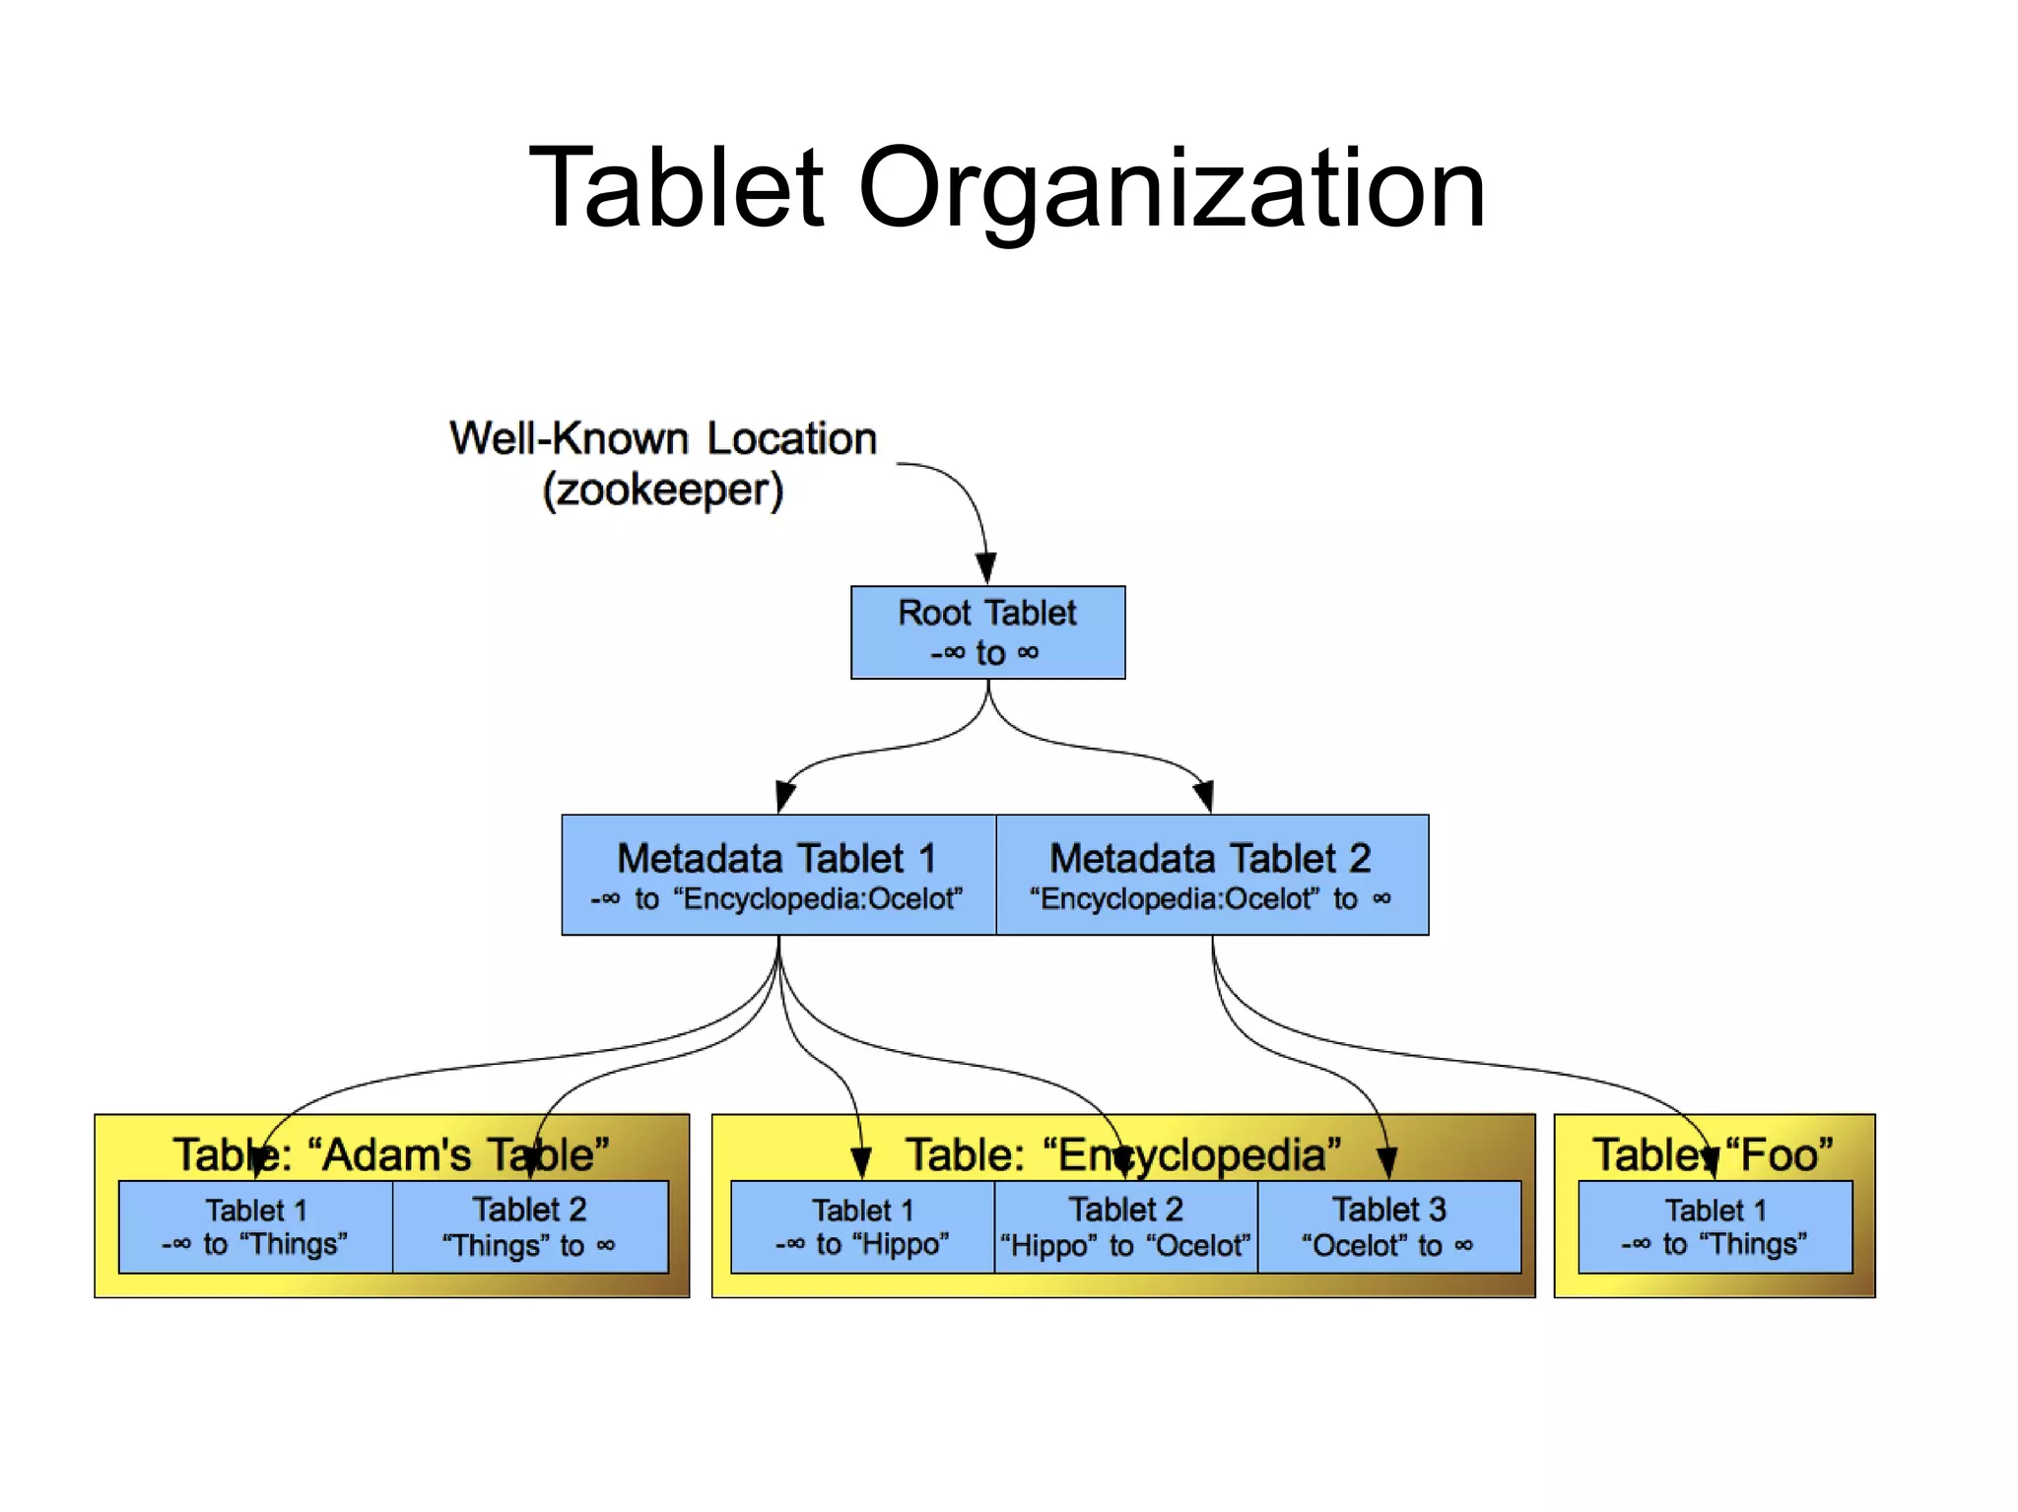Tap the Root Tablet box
(987, 632)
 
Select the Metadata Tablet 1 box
(777, 875)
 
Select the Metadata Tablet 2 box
(1211, 875)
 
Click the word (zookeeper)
(662, 490)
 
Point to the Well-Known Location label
(662, 438)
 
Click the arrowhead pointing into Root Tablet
(985, 567)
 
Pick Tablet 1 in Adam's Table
(255, 1226)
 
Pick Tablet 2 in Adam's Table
(529, 1226)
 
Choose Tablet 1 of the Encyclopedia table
(862, 1226)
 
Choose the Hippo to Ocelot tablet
(1125, 1226)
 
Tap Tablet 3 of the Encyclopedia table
(1388, 1226)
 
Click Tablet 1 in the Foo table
(1715, 1226)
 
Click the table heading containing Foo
(1715, 1154)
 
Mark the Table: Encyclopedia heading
(1123, 1154)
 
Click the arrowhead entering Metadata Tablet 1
(784, 796)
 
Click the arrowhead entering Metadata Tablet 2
(1204, 796)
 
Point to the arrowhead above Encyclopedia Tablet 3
(1387, 1163)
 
